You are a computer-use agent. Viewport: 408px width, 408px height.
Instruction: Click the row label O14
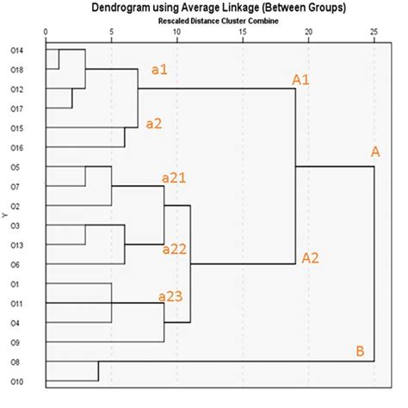coord(28,50)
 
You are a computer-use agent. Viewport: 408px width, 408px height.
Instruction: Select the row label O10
coord(28,381)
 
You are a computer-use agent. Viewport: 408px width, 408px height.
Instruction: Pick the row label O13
coord(28,245)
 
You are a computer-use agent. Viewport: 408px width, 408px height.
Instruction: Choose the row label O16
coord(28,148)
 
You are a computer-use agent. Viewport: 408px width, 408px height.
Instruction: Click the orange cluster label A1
coord(301,80)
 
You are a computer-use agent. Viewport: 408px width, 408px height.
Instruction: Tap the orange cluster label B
coord(359,350)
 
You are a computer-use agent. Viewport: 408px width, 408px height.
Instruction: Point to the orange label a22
coord(176,249)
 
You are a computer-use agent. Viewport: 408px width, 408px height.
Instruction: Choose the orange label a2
coord(154,124)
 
